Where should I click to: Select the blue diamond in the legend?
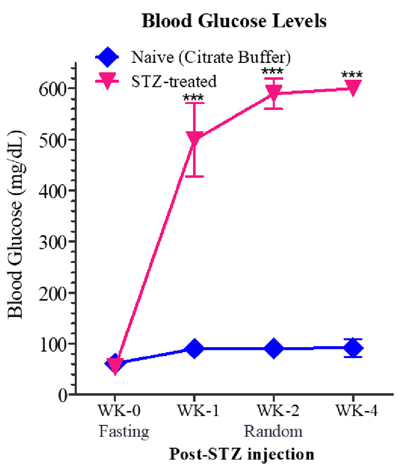click(x=108, y=56)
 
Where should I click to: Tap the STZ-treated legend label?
click(x=174, y=82)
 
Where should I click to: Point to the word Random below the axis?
click(x=273, y=432)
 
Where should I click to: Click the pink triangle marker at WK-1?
click(x=194, y=139)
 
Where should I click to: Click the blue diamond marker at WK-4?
click(x=352, y=348)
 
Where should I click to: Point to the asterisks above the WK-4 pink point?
click(x=352, y=75)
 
